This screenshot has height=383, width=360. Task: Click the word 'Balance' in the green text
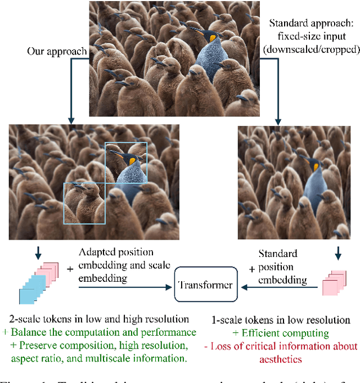[x=27, y=332]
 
